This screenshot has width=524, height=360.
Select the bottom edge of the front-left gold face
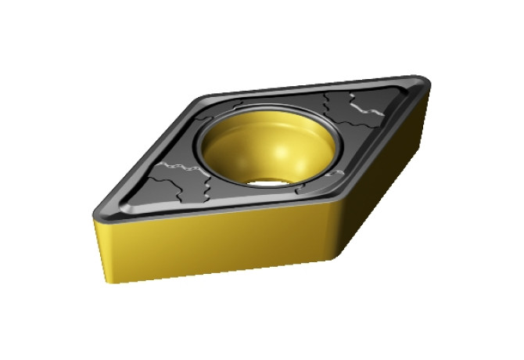[219, 274]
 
